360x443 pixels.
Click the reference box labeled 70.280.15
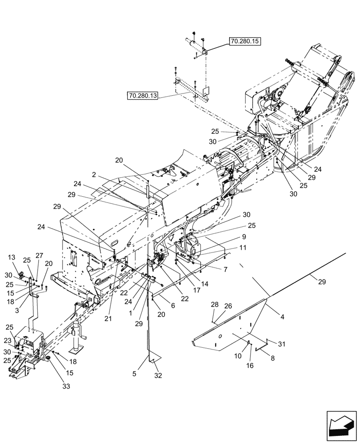(x=246, y=42)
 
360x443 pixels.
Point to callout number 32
(x=158, y=376)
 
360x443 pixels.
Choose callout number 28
(x=215, y=305)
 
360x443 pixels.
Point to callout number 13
(x=12, y=257)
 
